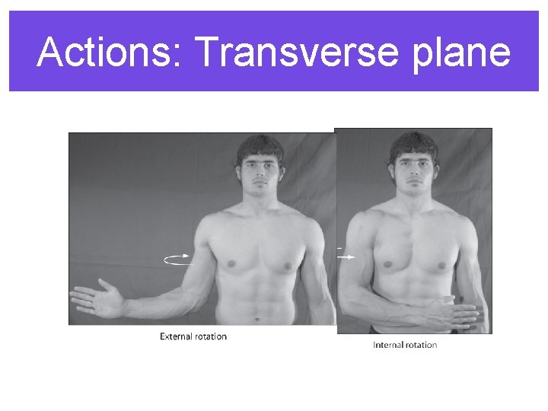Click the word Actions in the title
click(107, 52)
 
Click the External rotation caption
click(193, 336)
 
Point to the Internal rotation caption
click(405, 345)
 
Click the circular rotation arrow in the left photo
click(178, 260)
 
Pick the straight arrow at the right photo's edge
click(346, 257)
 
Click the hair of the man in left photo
click(260, 145)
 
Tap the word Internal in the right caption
click(388, 345)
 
